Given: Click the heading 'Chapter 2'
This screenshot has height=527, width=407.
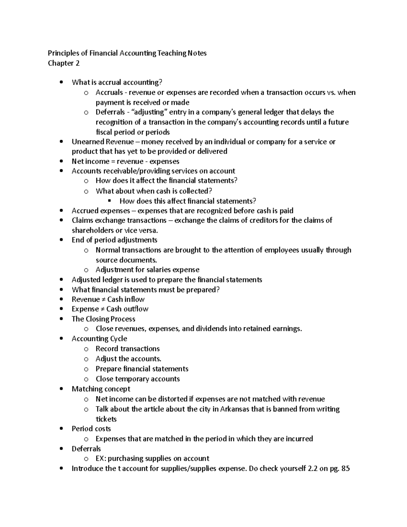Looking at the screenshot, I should tap(64, 63).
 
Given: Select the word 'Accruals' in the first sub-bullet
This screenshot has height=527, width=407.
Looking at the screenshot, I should tap(109, 92).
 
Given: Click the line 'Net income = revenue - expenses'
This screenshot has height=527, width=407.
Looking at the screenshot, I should tap(125, 161).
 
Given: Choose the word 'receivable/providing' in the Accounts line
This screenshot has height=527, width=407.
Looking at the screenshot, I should tap(140, 171).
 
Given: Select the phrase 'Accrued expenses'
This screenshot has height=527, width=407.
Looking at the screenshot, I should tap(101, 211).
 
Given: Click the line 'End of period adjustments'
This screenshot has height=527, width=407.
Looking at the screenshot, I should tap(114, 240).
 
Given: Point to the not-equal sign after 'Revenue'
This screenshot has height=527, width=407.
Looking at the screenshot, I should tap(103, 299).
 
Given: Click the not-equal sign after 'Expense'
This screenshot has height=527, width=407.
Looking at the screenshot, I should tap(102, 309).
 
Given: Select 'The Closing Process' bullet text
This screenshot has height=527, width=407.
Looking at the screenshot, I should tap(103, 319).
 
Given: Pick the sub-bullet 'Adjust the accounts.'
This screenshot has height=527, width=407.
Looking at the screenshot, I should tap(128, 359).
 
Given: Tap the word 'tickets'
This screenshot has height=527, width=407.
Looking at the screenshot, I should tap(106, 419).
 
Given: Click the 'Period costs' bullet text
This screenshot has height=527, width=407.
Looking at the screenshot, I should tap(91, 429).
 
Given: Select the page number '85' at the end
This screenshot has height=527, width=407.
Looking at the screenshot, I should tap(346, 469).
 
